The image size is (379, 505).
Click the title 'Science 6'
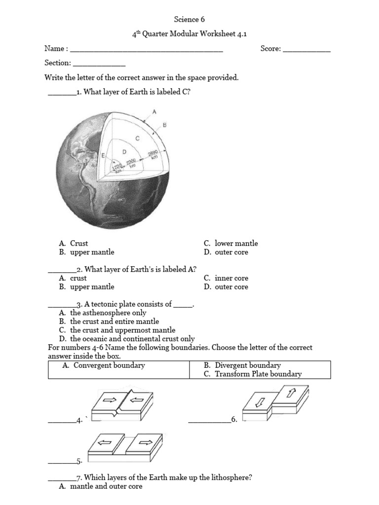tap(189, 20)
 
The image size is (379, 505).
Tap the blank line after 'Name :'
tap(147, 50)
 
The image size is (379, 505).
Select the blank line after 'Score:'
tap(306, 50)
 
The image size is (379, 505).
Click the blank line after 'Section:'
tap(99, 65)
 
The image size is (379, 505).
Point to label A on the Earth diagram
tap(154, 112)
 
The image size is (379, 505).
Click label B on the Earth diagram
tap(165, 125)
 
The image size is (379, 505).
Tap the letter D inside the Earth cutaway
tap(124, 152)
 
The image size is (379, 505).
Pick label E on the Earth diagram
tap(103, 155)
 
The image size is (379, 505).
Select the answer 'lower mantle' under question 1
tap(236, 243)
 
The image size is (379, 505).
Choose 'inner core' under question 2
tap(231, 278)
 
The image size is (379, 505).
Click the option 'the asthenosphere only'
tap(108, 313)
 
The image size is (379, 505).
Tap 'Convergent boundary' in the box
tap(109, 365)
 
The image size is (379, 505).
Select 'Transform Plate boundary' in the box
tap(258, 374)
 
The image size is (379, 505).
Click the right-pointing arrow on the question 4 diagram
tap(109, 399)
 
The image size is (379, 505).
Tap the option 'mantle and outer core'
tap(106, 487)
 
